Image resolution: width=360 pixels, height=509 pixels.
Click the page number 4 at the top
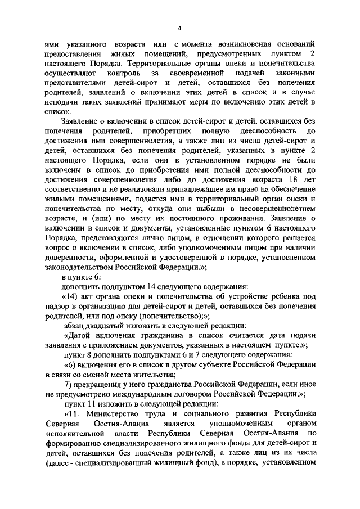pos(179,28)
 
